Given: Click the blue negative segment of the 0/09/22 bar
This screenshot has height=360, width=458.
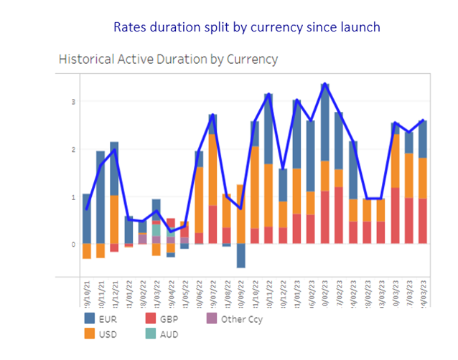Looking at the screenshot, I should (x=240, y=256).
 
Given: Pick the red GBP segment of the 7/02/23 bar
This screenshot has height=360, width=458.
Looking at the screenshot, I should (x=340, y=215).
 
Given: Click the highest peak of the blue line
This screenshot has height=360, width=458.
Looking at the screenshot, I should (x=325, y=84).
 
